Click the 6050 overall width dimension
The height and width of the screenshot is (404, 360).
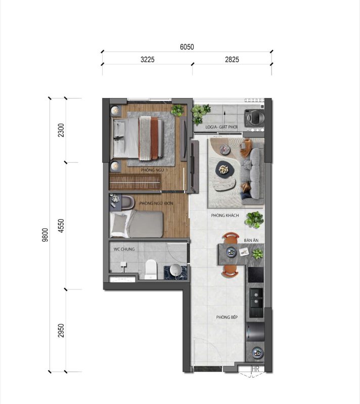[187, 47]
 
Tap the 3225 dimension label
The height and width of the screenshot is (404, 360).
[148, 60]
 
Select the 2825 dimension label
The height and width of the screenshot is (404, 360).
[232, 60]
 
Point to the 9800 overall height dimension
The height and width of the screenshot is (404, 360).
[45, 235]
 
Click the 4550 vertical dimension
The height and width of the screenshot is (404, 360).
[61, 226]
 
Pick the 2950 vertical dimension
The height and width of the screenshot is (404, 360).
[61, 331]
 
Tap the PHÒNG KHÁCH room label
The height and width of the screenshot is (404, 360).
[225, 216]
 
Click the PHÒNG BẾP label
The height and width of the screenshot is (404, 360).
[227, 317]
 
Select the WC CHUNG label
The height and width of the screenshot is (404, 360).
[124, 249]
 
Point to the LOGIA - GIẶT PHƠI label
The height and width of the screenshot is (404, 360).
[221, 127]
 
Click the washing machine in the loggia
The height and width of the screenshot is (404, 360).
[254, 118]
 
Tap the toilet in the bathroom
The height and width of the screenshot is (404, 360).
[151, 269]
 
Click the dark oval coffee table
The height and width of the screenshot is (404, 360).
[225, 170]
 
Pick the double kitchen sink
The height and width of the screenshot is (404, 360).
[256, 298]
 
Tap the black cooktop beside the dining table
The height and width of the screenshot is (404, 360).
[256, 275]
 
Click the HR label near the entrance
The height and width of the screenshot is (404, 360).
[255, 369]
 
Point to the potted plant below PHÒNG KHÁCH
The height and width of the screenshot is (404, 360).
[254, 220]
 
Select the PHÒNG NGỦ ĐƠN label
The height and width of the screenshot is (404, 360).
[156, 204]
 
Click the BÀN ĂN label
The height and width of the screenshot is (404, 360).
[251, 240]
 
